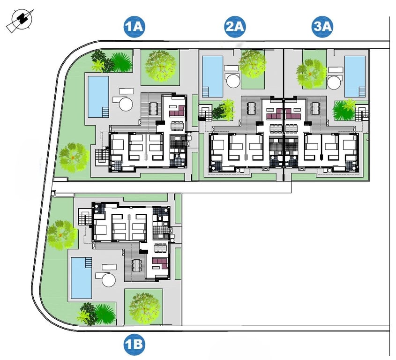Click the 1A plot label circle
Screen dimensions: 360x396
pos(135,27)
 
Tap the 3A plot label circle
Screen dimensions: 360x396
pos(322,27)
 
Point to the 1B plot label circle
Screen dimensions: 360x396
pos(134,345)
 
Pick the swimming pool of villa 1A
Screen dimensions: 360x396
pos(98,97)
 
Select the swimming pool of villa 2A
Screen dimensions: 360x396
pos(212,76)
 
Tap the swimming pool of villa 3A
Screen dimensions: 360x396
pos(355,76)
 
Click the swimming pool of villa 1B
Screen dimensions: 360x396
pos(81,278)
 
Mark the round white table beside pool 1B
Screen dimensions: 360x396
pos(108,280)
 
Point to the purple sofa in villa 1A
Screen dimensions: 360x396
pos(177,112)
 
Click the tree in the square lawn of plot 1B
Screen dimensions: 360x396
pos(143,307)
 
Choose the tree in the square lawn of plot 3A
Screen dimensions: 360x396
pos(311,74)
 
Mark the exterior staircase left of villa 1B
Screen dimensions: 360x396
pos(84,218)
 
